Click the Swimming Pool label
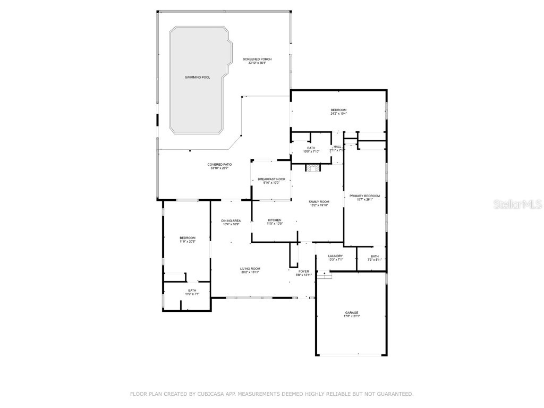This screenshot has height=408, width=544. tap(197, 78)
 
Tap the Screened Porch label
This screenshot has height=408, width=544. tap(257, 59)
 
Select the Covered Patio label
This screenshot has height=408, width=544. tap(219, 165)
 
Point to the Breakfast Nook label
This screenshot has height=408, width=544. tap(271, 179)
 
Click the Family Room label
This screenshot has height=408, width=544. tap(319, 202)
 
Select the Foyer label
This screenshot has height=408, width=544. tap(303, 271)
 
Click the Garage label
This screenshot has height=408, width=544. tap(351, 312)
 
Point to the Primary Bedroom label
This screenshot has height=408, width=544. tap(364, 196)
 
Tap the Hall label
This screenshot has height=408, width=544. tap(337, 147)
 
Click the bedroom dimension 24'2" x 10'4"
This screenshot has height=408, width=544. tap(338, 114)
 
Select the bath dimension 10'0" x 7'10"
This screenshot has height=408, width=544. tap(311, 151)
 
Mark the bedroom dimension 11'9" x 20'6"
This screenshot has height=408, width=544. tap(187, 242)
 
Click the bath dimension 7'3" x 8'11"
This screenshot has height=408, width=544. tap(375, 260)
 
